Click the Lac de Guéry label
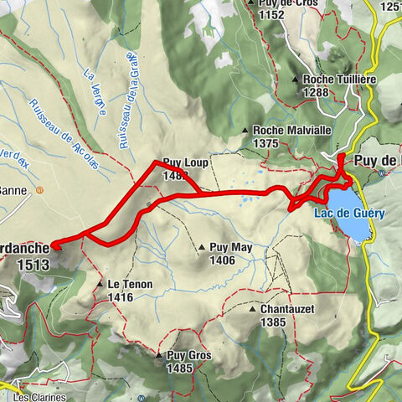pyautogui.click(x=350, y=214)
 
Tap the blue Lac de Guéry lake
pyautogui.click(x=345, y=224)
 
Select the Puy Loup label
pyautogui.click(x=184, y=165)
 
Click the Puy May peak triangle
pyautogui.click(x=202, y=248)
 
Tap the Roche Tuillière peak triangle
pyautogui.click(x=297, y=80)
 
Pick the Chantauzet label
pyautogui.click(x=289, y=309)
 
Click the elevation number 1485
pyautogui.click(x=187, y=368)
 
